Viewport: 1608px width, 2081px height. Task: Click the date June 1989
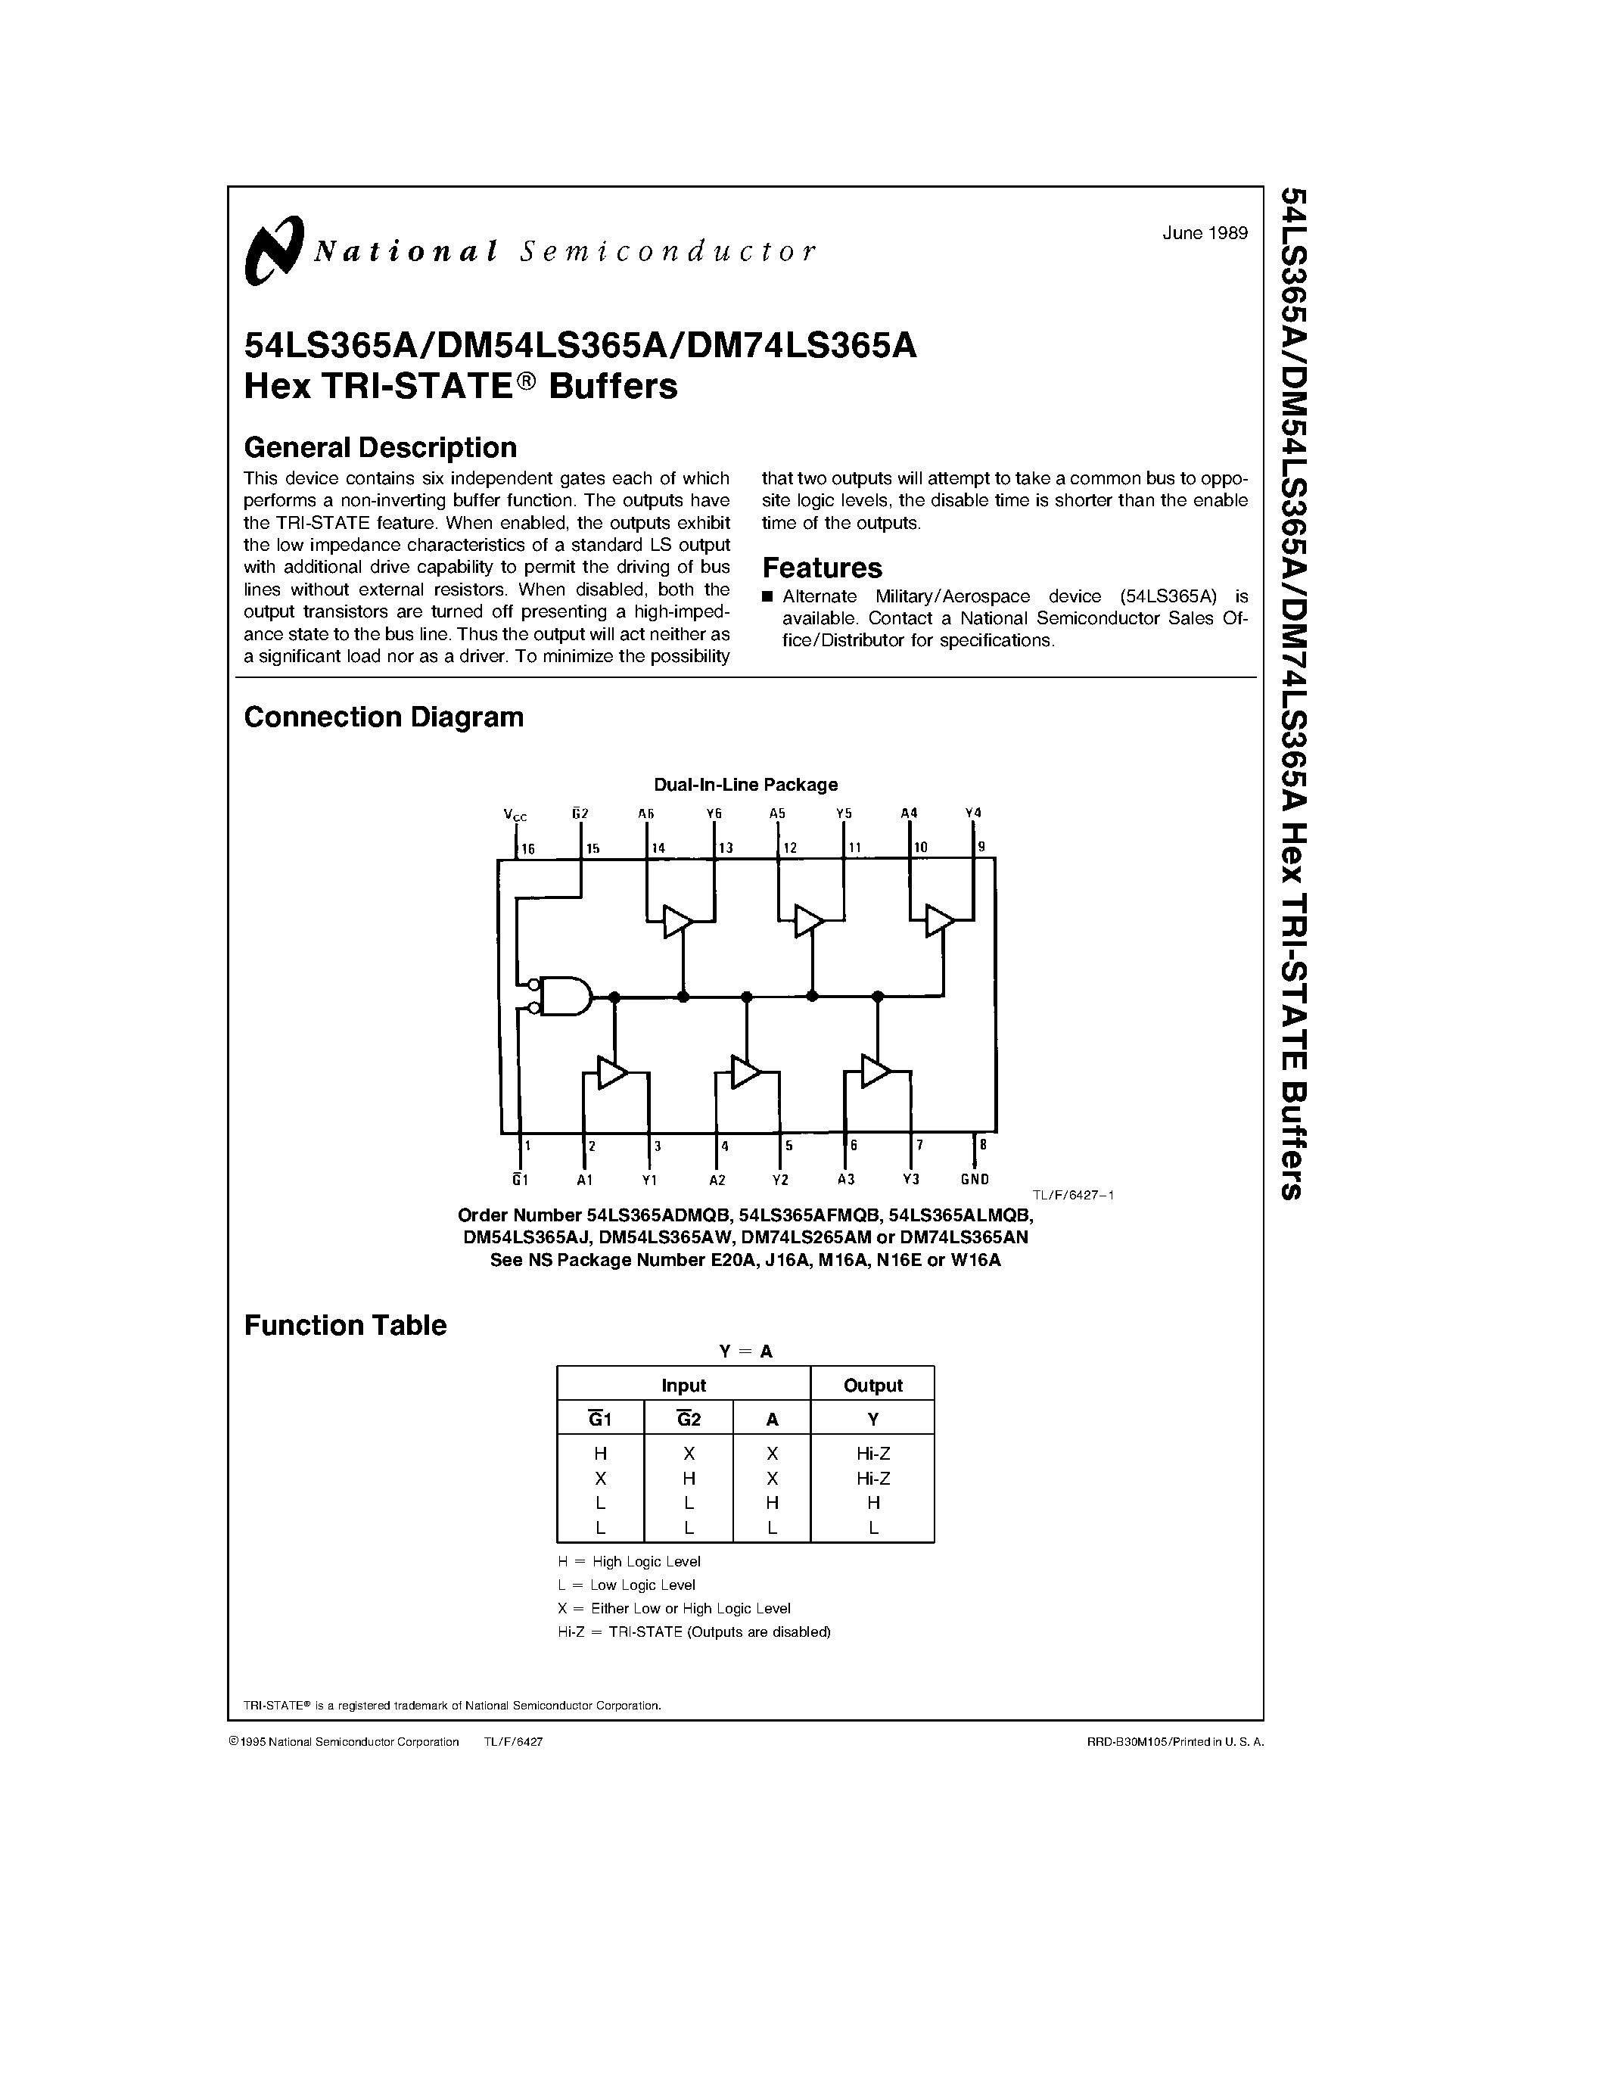pyautogui.click(x=1204, y=233)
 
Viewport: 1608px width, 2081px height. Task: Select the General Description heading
pyautogui.click(x=380, y=447)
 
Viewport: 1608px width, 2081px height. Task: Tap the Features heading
pyautogui.click(x=822, y=568)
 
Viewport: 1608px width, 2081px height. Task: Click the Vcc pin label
pyautogui.click(x=515, y=815)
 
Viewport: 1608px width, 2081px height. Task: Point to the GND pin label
pyautogui.click(x=975, y=1179)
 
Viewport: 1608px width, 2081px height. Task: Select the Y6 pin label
pyautogui.click(x=714, y=813)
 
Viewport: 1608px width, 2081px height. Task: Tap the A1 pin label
pyautogui.click(x=585, y=1180)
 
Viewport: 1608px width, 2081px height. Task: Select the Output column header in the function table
pyautogui.click(x=872, y=1386)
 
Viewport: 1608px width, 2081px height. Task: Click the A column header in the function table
pyautogui.click(x=772, y=1420)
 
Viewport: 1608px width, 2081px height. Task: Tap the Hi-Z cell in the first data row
pyautogui.click(x=872, y=1454)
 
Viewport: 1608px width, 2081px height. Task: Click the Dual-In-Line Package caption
pyautogui.click(x=745, y=784)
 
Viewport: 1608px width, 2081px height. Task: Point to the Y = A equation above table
pyautogui.click(x=746, y=1351)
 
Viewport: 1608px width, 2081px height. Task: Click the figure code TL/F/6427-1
pyautogui.click(x=1074, y=1195)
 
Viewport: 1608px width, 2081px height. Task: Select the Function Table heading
pyautogui.click(x=345, y=1325)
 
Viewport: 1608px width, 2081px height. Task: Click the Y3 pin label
pyautogui.click(x=910, y=1180)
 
